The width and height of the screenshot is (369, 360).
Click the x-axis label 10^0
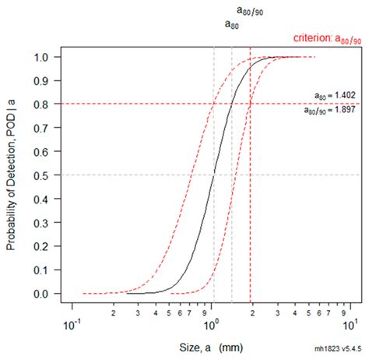click(x=211, y=323)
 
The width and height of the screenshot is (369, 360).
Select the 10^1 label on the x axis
click(x=350, y=323)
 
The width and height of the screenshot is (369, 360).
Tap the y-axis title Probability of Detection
click(x=12, y=175)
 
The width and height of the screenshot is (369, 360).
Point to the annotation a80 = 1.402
click(x=330, y=95)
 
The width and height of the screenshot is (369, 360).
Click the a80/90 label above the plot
click(x=250, y=10)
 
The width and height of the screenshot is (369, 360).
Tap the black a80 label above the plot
click(x=231, y=25)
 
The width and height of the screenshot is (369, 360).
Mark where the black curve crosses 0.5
click(x=213, y=175)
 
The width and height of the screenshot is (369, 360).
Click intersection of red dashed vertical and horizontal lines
click(x=250, y=104)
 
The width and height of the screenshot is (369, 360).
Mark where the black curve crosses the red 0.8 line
click(x=231, y=104)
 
